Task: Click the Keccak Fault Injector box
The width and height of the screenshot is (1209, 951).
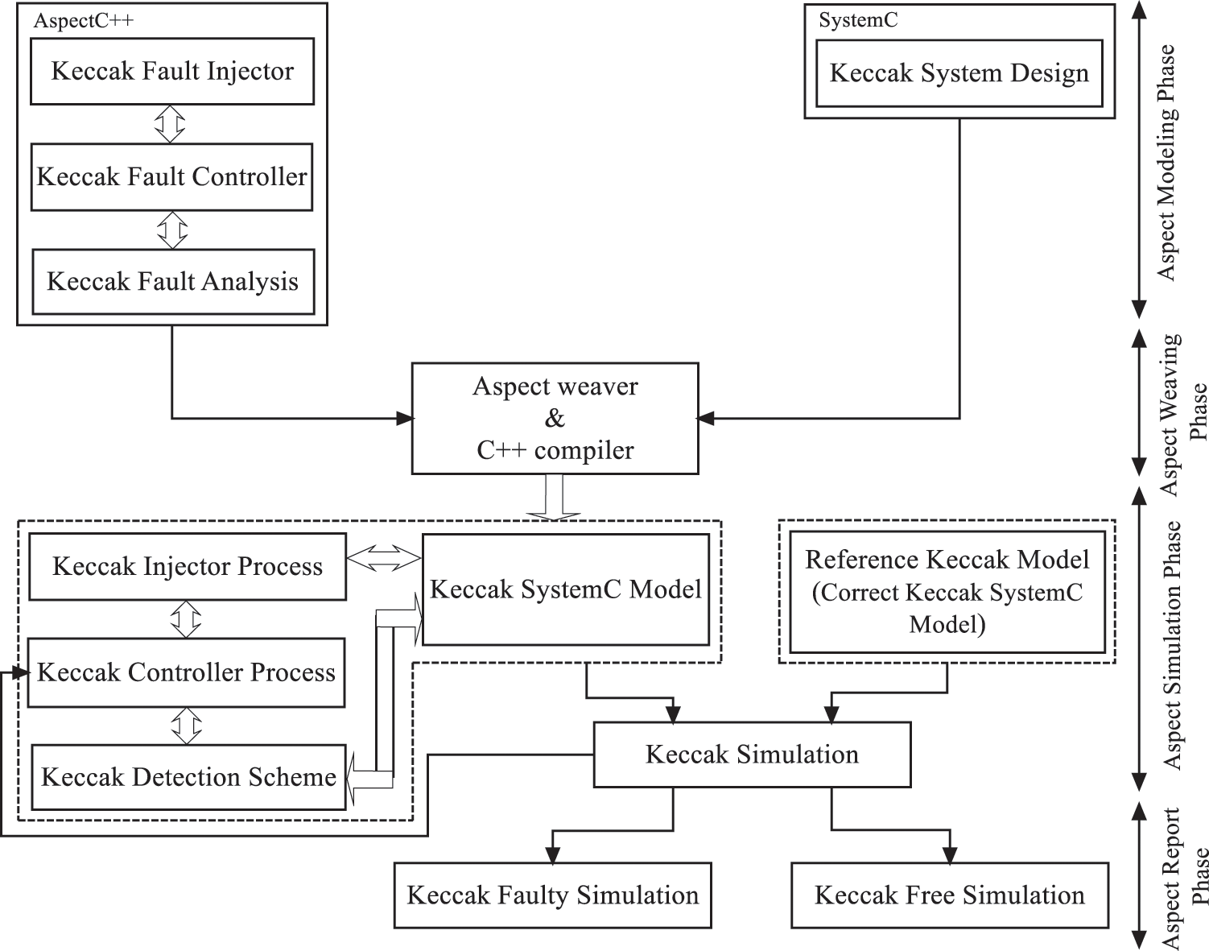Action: [171, 72]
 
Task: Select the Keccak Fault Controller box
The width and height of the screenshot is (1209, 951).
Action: [171, 177]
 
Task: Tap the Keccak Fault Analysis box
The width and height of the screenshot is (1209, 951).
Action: [172, 282]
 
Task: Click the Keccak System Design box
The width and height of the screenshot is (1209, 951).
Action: [959, 73]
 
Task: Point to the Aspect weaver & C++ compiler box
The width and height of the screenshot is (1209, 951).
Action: [555, 418]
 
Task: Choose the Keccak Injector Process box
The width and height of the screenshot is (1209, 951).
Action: [187, 567]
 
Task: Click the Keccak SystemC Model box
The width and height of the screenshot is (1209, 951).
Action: [565, 589]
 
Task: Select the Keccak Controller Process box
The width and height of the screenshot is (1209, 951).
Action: [186, 672]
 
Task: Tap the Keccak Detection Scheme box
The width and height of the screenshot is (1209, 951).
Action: [188, 777]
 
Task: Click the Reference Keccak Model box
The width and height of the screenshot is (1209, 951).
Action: [947, 592]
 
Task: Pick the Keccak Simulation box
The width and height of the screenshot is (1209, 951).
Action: [752, 755]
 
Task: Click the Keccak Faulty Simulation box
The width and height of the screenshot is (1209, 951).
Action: [552, 895]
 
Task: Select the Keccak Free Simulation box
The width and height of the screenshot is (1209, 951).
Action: [949, 895]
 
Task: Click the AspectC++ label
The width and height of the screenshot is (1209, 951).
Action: [83, 21]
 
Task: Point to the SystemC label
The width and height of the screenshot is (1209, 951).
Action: [858, 21]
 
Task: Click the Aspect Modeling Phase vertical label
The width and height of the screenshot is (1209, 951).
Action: [1166, 161]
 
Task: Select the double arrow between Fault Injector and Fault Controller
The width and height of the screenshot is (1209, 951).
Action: [170, 124]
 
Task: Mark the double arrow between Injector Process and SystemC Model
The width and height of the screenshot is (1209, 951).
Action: [384, 557]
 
